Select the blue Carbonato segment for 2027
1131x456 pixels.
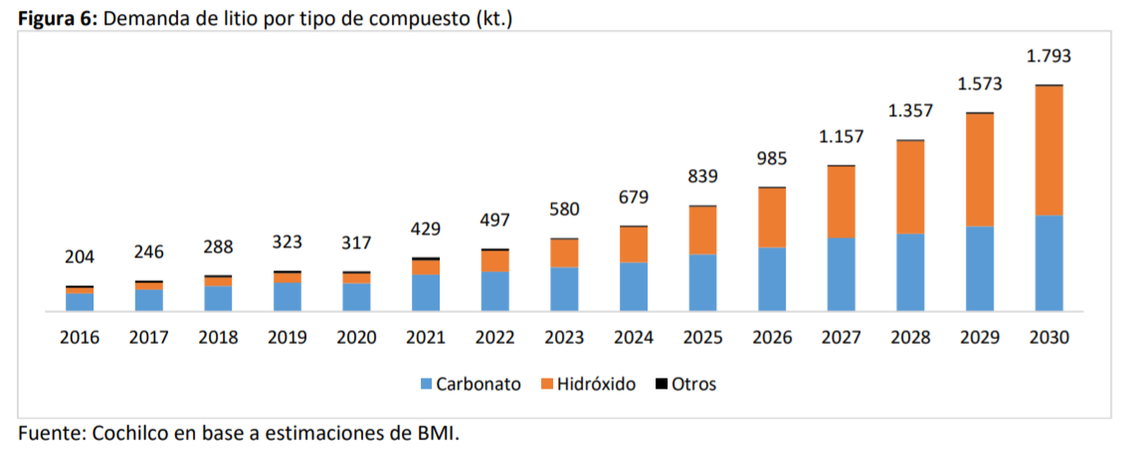pyautogui.click(x=841, y=275)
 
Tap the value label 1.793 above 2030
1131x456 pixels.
pyautogui.click(x=1048, y=56)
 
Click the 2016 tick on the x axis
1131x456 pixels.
pyautogui.click(x=80, y=338)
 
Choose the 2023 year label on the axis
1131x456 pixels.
pyautogui.click(x=564, y=338)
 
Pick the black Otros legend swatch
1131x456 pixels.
pyautogui.click(x=660, y=383)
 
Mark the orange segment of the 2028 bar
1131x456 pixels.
pyautogui.click(x=910, y=188)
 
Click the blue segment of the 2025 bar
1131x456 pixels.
pyautogui.click(x=702, y=283)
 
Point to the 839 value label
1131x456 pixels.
pyautogui.click(x=702, y=177)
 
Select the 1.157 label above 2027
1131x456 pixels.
pyautogui.click(x=841, y=136)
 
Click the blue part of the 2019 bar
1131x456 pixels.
pyautogui.click(x=287, y=297)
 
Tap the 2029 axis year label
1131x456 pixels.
pyautogui.click(x=980, y=338)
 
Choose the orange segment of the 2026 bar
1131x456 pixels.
pyautogui.click(x=772, y=218)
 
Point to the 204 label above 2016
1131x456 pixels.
pyautogui.click(x=80, y=257)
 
